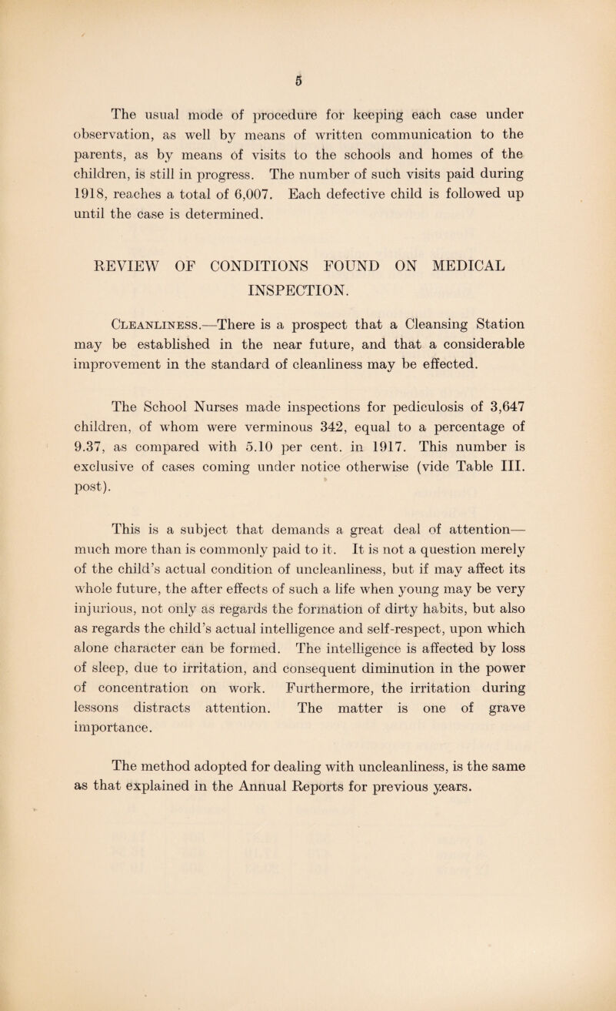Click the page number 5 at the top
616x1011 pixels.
308,79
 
